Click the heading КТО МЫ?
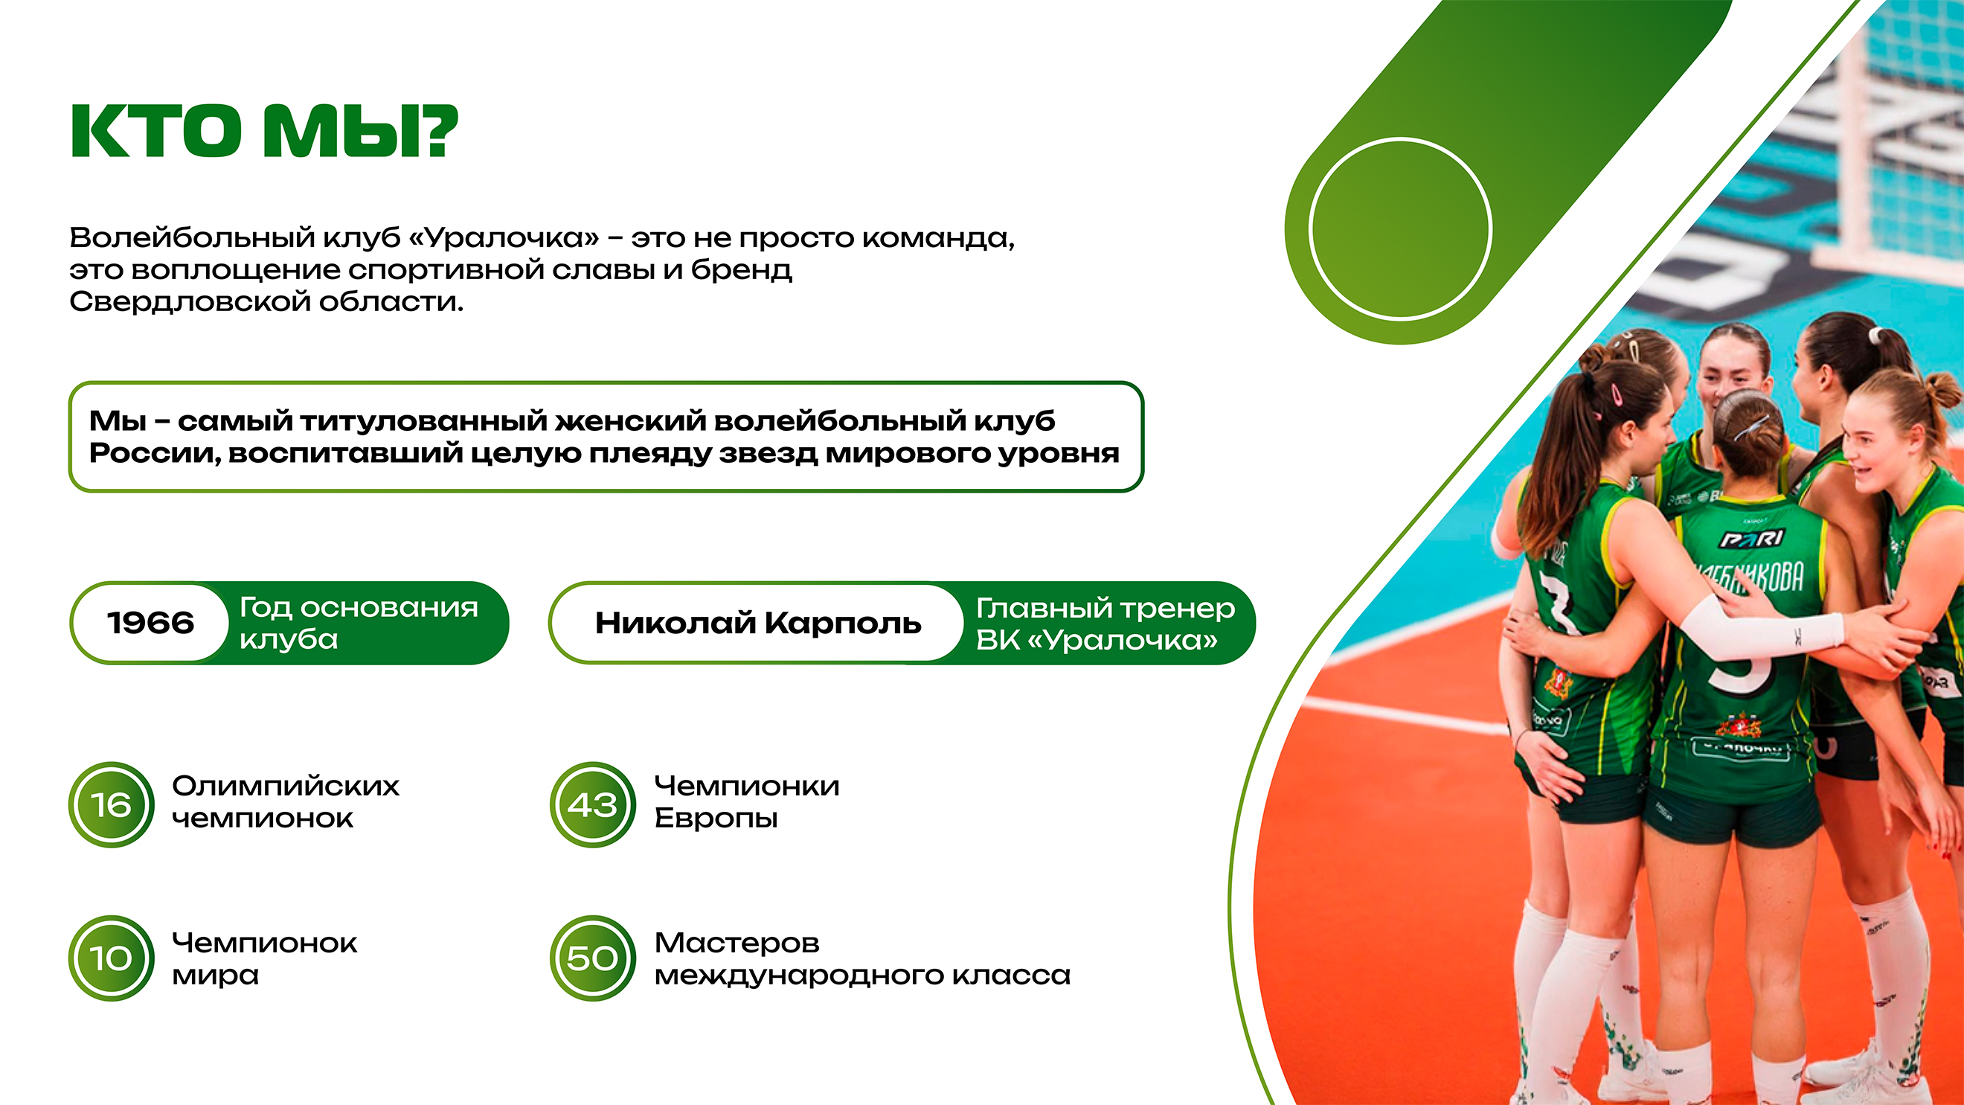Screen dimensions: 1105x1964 (264, 131)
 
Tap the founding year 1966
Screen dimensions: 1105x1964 (150, 623)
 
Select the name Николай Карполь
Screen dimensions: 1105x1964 (758, 623)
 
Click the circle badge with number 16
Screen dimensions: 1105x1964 (112, 804)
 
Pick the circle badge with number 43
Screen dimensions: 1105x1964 (592, 804)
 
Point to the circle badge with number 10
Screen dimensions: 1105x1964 (112, 958)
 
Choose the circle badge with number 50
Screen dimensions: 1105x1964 (592, 958)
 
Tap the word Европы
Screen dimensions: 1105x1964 (716, 819)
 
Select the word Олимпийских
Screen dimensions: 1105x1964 (285, 787)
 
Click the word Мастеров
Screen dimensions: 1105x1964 (736, 944)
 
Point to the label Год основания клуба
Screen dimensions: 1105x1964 (359, 623)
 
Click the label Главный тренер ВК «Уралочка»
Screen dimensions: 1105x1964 (1105, 624)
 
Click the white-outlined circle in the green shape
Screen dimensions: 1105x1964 (1400, 228)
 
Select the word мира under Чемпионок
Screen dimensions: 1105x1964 (215, 976)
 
